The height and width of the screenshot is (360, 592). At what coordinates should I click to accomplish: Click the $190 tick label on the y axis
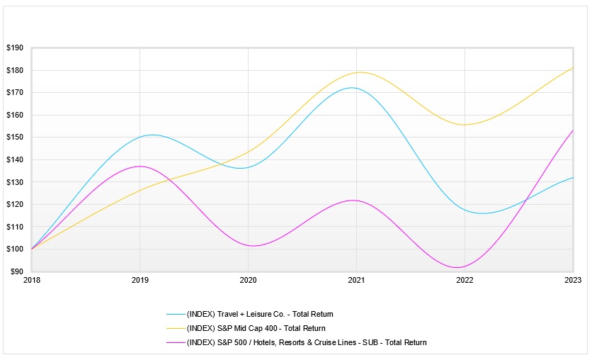[15, 48]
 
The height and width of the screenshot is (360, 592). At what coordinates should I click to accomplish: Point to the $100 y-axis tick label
[15, 249]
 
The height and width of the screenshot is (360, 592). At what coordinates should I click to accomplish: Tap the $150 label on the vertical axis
[15, 137]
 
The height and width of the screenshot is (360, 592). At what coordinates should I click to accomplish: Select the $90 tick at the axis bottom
[16, 271]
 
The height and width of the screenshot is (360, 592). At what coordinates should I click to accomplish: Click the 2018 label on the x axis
[32, 281]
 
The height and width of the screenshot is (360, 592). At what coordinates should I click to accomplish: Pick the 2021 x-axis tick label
[356, 281]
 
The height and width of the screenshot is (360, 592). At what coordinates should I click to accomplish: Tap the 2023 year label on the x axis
[573, 281]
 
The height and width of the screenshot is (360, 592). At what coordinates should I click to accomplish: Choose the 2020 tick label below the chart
[248, 281]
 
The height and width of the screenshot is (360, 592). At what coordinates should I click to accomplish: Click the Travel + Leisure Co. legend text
[259, 314]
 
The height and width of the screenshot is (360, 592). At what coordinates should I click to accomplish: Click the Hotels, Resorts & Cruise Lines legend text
[306, 342]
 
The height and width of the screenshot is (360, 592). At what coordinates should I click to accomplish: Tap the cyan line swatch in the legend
[175, 314]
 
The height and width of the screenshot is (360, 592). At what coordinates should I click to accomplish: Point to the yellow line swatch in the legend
[175, 328]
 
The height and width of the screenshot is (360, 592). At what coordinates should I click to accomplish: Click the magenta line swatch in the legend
[175, 342]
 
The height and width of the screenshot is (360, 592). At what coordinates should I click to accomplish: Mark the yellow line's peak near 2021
[360, 72]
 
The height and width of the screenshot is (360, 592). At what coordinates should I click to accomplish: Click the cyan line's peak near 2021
[351, 88]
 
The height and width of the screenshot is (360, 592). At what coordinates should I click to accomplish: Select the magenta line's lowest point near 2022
[458, 267]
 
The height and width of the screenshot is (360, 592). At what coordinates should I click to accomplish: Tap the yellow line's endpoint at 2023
[573, 68]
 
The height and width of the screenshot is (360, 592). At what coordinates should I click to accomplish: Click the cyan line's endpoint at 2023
[573, 178]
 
